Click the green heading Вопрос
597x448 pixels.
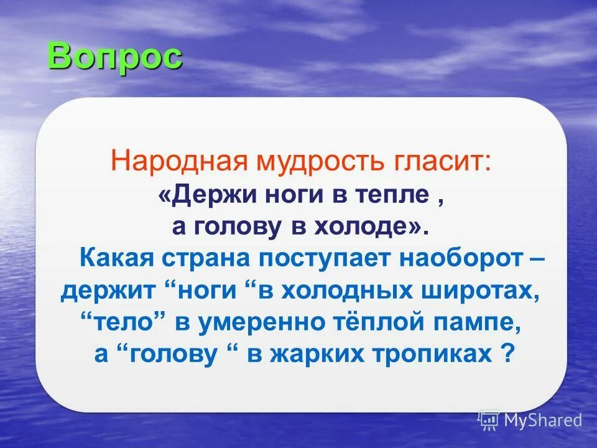tap(114, 57)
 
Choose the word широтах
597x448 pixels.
tap(481, 291)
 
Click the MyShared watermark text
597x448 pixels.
tap(542, 420)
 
